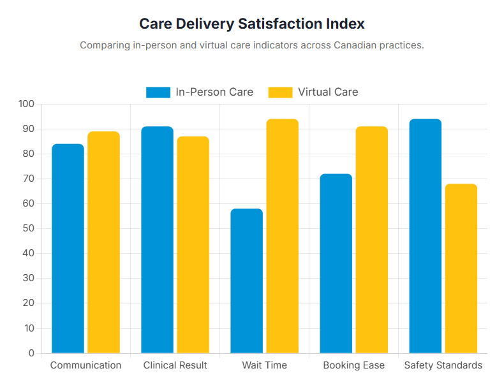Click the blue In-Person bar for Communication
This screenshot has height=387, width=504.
coord(68,249)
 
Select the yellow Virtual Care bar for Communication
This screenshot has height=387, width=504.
coord(103,242)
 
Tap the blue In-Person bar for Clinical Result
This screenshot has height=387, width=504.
coord(157,240)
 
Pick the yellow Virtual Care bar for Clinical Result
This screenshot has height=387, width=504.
coord(193,245)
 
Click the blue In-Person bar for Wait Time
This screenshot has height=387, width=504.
coord(246,281)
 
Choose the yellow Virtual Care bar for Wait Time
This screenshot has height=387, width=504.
coord(282,236)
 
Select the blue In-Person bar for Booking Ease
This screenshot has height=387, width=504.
coord(336,263)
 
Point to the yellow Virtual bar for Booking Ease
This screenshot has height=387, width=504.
coord(371,240)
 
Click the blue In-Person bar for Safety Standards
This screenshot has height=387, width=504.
coord(425,236)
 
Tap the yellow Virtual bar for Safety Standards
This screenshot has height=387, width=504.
coord(461,268)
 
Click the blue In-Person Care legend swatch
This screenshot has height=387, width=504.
coord(158,92)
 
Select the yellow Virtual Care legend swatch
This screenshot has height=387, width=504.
coord(280,92)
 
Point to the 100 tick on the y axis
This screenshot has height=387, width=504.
coord(27,104)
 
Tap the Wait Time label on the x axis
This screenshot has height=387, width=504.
coord(264,365)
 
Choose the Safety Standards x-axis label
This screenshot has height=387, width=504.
coord(443,365)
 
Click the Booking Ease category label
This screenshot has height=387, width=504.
coord(353,365)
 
